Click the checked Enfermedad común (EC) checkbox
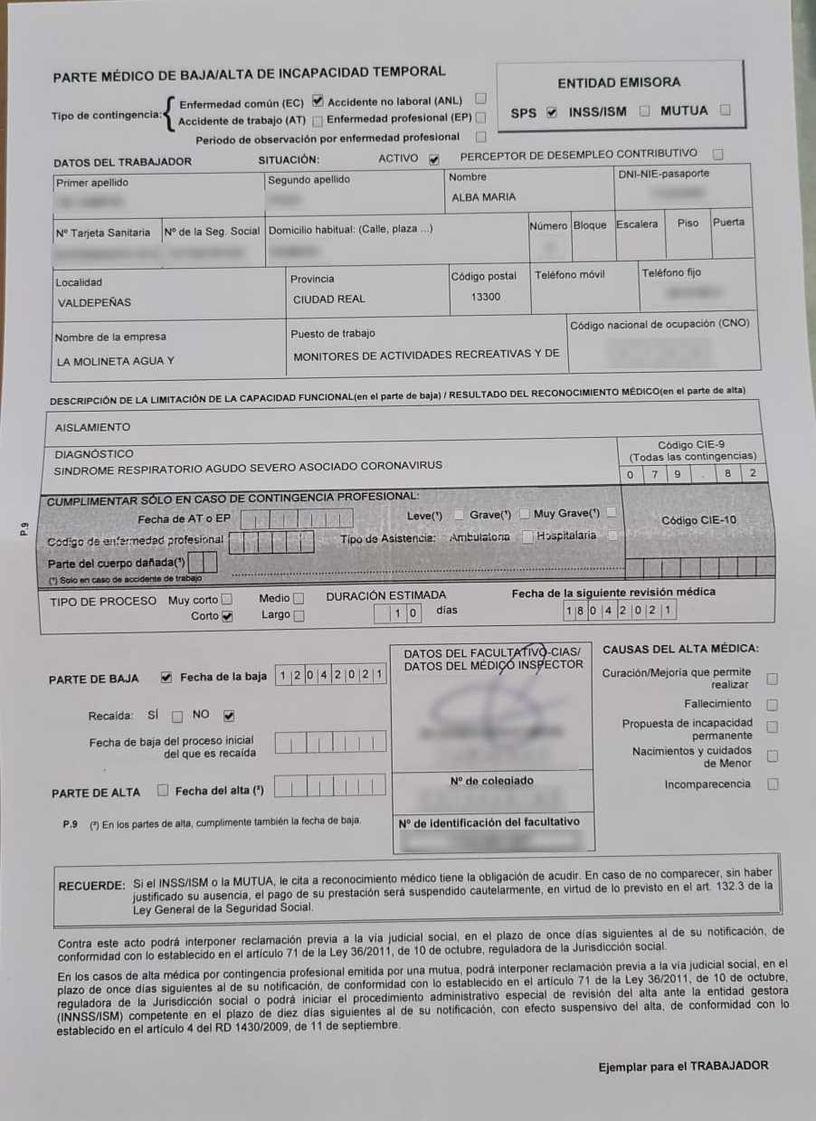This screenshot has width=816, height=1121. [x=318, y=100]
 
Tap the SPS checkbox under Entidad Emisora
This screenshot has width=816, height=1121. [x=552, y=113]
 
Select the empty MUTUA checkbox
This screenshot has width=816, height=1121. [x=725, y=110]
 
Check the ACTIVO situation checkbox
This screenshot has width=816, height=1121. [x=434, y=159]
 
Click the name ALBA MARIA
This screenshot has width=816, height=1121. [x=483, y=197]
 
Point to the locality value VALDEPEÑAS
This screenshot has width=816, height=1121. [x=94, y=303]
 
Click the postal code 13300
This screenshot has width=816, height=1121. [x=486, y=297]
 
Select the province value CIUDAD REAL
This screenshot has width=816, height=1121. [x=327, y=299]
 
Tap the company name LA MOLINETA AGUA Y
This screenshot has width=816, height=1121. [x=115, y=361]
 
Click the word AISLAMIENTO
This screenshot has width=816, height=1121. [x=92, y=427]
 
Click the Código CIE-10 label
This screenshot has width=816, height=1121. [x=698, y=520]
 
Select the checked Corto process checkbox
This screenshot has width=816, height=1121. [x=227, y=617]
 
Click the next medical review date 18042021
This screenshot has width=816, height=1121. [x=618, y=611]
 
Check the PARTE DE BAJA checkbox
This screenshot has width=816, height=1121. [x=166, y=677]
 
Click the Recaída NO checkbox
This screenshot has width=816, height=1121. [x=229, y=716]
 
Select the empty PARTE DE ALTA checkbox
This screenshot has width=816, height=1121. [x=163, y=790]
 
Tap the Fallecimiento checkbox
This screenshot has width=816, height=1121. [x=772, y=704]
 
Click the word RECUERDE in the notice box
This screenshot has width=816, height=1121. [x=90, y=886]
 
